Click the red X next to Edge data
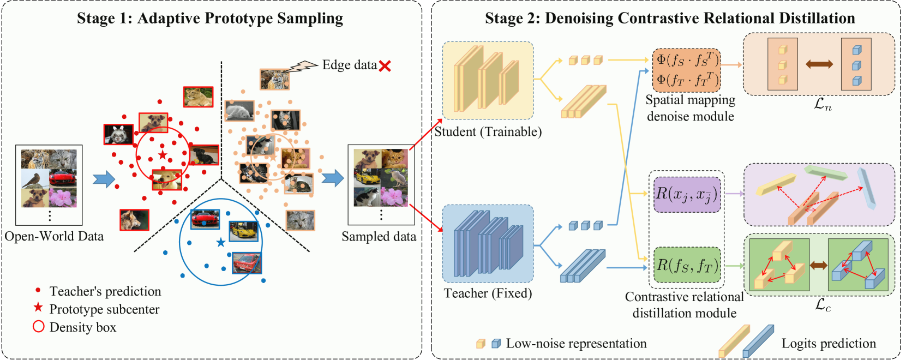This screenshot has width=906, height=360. click(x=385, y=66)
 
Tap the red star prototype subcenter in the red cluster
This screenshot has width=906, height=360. click(x=163, y=155)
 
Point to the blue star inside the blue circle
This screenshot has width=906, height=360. click(x=221, y=242)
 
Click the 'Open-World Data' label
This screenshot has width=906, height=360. click(x=54, y=236)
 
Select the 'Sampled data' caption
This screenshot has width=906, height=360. click(x=379, y=236)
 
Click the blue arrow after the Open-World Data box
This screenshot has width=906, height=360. click(x=104, y=179)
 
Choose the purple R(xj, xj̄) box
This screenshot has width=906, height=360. click(x=687, y=195)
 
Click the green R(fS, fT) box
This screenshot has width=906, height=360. click(x=687, y=265)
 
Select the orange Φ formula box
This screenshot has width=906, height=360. click(x=687, y=70)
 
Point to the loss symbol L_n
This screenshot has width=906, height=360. click(x=823, y=104)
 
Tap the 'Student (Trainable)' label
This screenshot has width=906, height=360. click(x=488, y=132)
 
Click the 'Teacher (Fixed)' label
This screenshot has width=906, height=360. click(x=488, y=293)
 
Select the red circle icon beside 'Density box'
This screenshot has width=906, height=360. click(x=38, y=326)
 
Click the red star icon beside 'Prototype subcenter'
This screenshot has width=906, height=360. click(x=38, y=308)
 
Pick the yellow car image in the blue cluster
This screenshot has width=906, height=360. click(x=243, y=231)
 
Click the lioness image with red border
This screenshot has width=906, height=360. click(x=198, y=97)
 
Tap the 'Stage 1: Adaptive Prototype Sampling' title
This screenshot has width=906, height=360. click(x=210, y=18)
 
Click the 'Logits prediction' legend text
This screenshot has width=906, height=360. click(x=829, y=343)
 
